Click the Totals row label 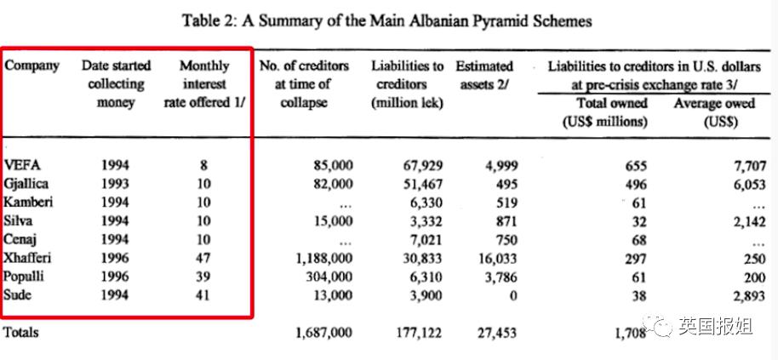[x=21, y=333]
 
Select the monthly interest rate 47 [x=204, y=258]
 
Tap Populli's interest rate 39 [x=204, y=277]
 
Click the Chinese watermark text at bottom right [x=711, y=324]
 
